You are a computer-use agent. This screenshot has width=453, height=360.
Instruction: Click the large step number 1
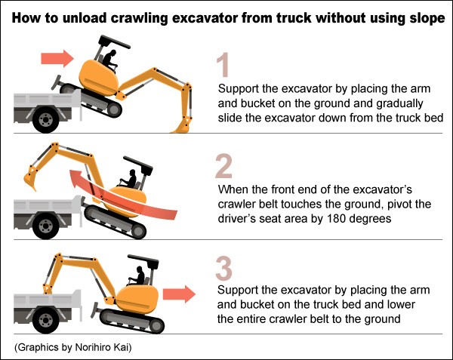pyautogui.click(x=223, y=65)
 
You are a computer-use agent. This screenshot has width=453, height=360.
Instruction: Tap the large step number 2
pyautogui.click(x=224, y=166)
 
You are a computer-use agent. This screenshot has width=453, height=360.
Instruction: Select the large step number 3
pyautogui.click(x=224, y=269)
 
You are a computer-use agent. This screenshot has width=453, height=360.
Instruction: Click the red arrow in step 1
pyautogui.click(x=57, y=59)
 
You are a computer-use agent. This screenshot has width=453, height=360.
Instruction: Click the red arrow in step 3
pyautogui.click(x=179, y=294)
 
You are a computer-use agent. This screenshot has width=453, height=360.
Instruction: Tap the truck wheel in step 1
pyautogui.click(x=45, y=119)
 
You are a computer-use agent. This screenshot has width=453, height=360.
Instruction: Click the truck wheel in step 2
pyautogui.click(x=45, y=226)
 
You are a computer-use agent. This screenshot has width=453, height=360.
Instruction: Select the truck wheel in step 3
pyautogui.click(x=45, y=321)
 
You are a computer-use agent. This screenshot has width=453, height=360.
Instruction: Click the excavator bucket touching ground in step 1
pyautogui.click(x=182, y=125)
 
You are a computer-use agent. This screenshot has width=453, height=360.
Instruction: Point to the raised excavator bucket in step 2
pyautogui.click(x=31, y=178)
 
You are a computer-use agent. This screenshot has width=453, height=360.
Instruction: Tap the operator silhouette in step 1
pyautogui.click(x=109, y=60)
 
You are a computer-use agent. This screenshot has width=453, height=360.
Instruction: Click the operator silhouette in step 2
pyautogui.click(x=129, y=179)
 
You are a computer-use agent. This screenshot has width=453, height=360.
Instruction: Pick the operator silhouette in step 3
pyautogui.click(x=137, y=275)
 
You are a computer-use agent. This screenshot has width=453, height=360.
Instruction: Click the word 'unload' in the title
pyautogui.click(x=85, y=18)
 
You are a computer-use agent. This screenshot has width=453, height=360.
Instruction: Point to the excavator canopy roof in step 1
pyautogui.click(x=115, y=42)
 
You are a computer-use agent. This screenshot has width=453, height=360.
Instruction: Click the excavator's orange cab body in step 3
pyautogui.click(x=139, y=300)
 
